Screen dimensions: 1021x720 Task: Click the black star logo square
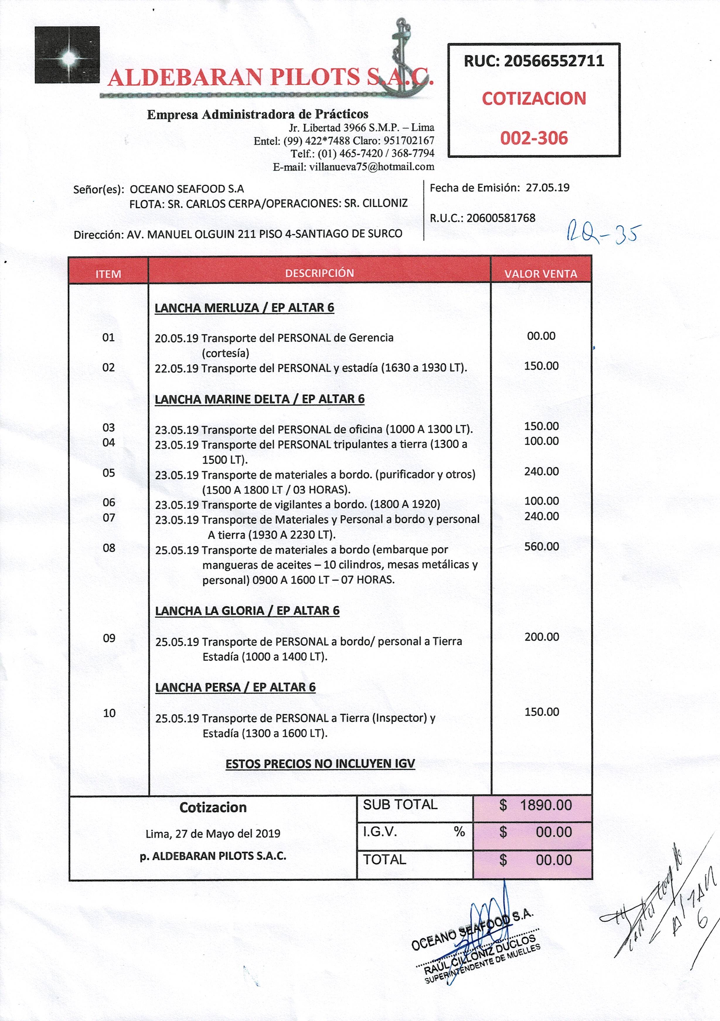[67, 55]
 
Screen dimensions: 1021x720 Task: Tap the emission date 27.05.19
[547, 188]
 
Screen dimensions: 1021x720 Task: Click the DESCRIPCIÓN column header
[319, 273]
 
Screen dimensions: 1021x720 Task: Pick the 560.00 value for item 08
[541, 547]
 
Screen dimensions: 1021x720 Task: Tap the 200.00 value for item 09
[541, 637]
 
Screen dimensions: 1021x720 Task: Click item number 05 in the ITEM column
[109, 473]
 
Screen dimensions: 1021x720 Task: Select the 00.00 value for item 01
[541, 336]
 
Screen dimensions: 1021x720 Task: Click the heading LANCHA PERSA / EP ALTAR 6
[235, 687]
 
